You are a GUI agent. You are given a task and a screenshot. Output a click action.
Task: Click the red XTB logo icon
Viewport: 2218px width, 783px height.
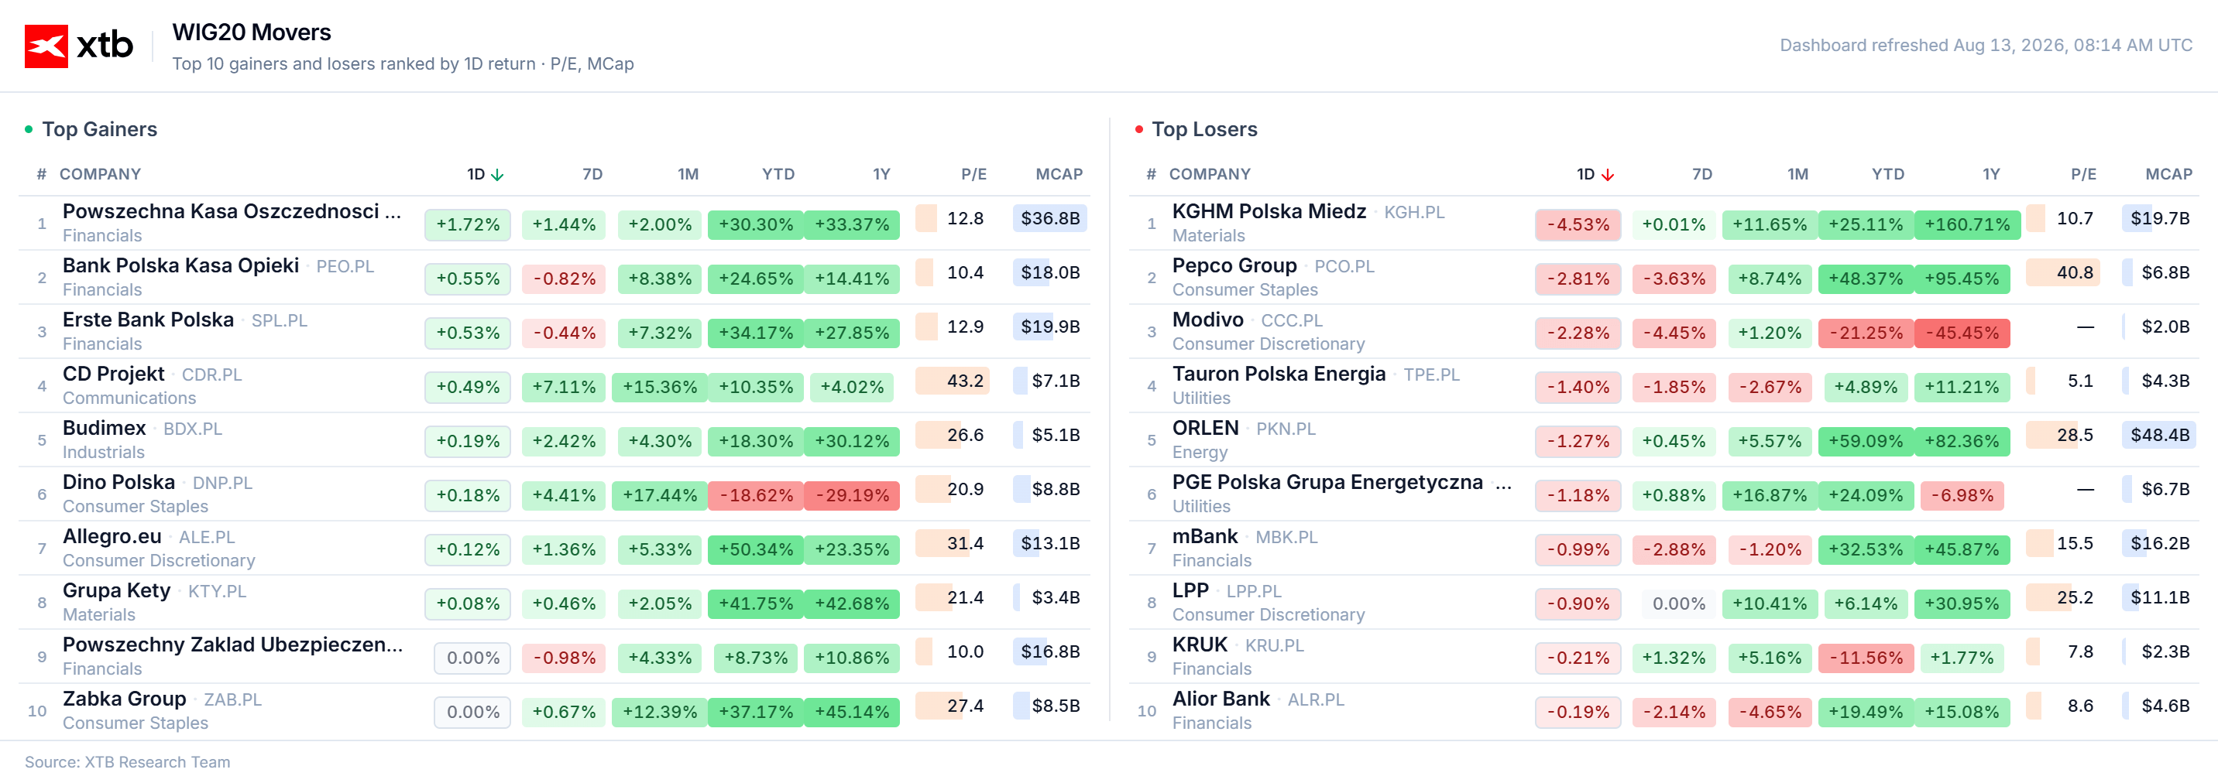click(x=46, y=46)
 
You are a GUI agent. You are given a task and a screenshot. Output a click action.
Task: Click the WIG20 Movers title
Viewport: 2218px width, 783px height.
click(x=252, y=32)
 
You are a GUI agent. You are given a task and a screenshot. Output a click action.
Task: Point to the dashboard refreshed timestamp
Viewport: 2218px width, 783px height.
click(x=1986, y=46)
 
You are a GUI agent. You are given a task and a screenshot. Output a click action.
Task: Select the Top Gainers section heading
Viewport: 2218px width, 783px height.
click(x=100, y=129)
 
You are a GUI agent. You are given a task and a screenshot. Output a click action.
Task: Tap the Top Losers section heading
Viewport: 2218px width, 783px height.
click(x=1204, y=129)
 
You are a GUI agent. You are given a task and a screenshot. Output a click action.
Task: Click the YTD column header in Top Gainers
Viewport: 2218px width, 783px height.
click(x=778, y=175)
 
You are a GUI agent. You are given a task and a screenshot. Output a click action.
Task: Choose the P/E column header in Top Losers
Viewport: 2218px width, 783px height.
click(x=2084, y=175)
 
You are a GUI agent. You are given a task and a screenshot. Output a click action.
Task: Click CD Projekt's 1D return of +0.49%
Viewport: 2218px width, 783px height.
click(x=468, y=387)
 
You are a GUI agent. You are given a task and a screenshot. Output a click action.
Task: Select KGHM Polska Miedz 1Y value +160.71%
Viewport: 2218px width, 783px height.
click(x=1967, y=224)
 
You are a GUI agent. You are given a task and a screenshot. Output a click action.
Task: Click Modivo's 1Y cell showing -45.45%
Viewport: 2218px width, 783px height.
click(x=1962, y=333)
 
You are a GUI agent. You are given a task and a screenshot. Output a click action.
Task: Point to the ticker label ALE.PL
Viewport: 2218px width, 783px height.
click(x=207, y=538)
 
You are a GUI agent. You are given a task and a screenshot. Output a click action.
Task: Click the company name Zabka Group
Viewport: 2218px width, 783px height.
click(x=124, y=699)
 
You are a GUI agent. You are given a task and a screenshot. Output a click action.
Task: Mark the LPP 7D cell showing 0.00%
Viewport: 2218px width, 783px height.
click(x=1679, y=604)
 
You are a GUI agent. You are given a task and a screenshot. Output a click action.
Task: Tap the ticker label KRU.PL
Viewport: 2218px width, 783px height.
click(x=1274, y=646)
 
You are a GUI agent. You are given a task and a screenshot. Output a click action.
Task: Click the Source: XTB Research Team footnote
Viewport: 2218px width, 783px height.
click(x=128, y=762)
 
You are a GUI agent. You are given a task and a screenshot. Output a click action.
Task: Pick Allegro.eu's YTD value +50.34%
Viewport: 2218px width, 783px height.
click(x=756, y=550)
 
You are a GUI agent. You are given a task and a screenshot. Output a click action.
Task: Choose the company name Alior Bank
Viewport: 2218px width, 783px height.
click(x=1221, y=699)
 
